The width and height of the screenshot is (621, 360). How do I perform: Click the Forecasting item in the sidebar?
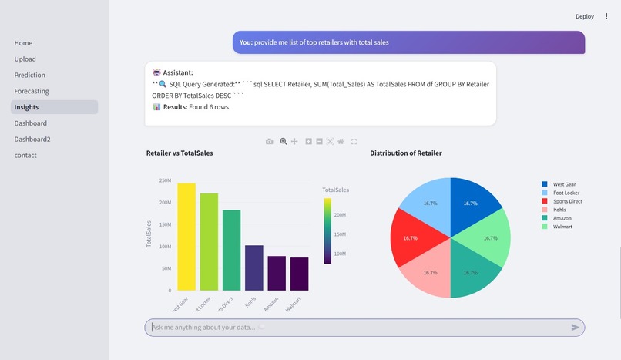point(32,91)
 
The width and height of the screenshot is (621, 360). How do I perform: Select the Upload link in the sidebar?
point(25,59)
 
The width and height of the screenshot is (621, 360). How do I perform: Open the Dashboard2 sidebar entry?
point(32,140)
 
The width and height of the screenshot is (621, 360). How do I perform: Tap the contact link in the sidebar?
point(25,155)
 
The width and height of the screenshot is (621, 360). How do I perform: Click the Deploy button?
point(585,16)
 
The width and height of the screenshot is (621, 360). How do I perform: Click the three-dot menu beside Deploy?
point(606,16)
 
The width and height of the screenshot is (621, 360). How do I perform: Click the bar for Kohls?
point(253,267)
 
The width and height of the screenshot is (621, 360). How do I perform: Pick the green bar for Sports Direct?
point(231,250)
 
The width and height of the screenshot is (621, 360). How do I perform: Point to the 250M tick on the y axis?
point(165,180)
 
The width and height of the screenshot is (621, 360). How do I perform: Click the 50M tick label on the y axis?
point(166,269)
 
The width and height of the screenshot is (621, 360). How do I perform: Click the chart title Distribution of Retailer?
point(405,153)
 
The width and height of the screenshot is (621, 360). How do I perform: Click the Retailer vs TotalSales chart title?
point(180,153)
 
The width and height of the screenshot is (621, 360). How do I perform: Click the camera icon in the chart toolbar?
point(269,142)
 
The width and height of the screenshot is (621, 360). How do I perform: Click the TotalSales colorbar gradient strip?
point(327,231)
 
